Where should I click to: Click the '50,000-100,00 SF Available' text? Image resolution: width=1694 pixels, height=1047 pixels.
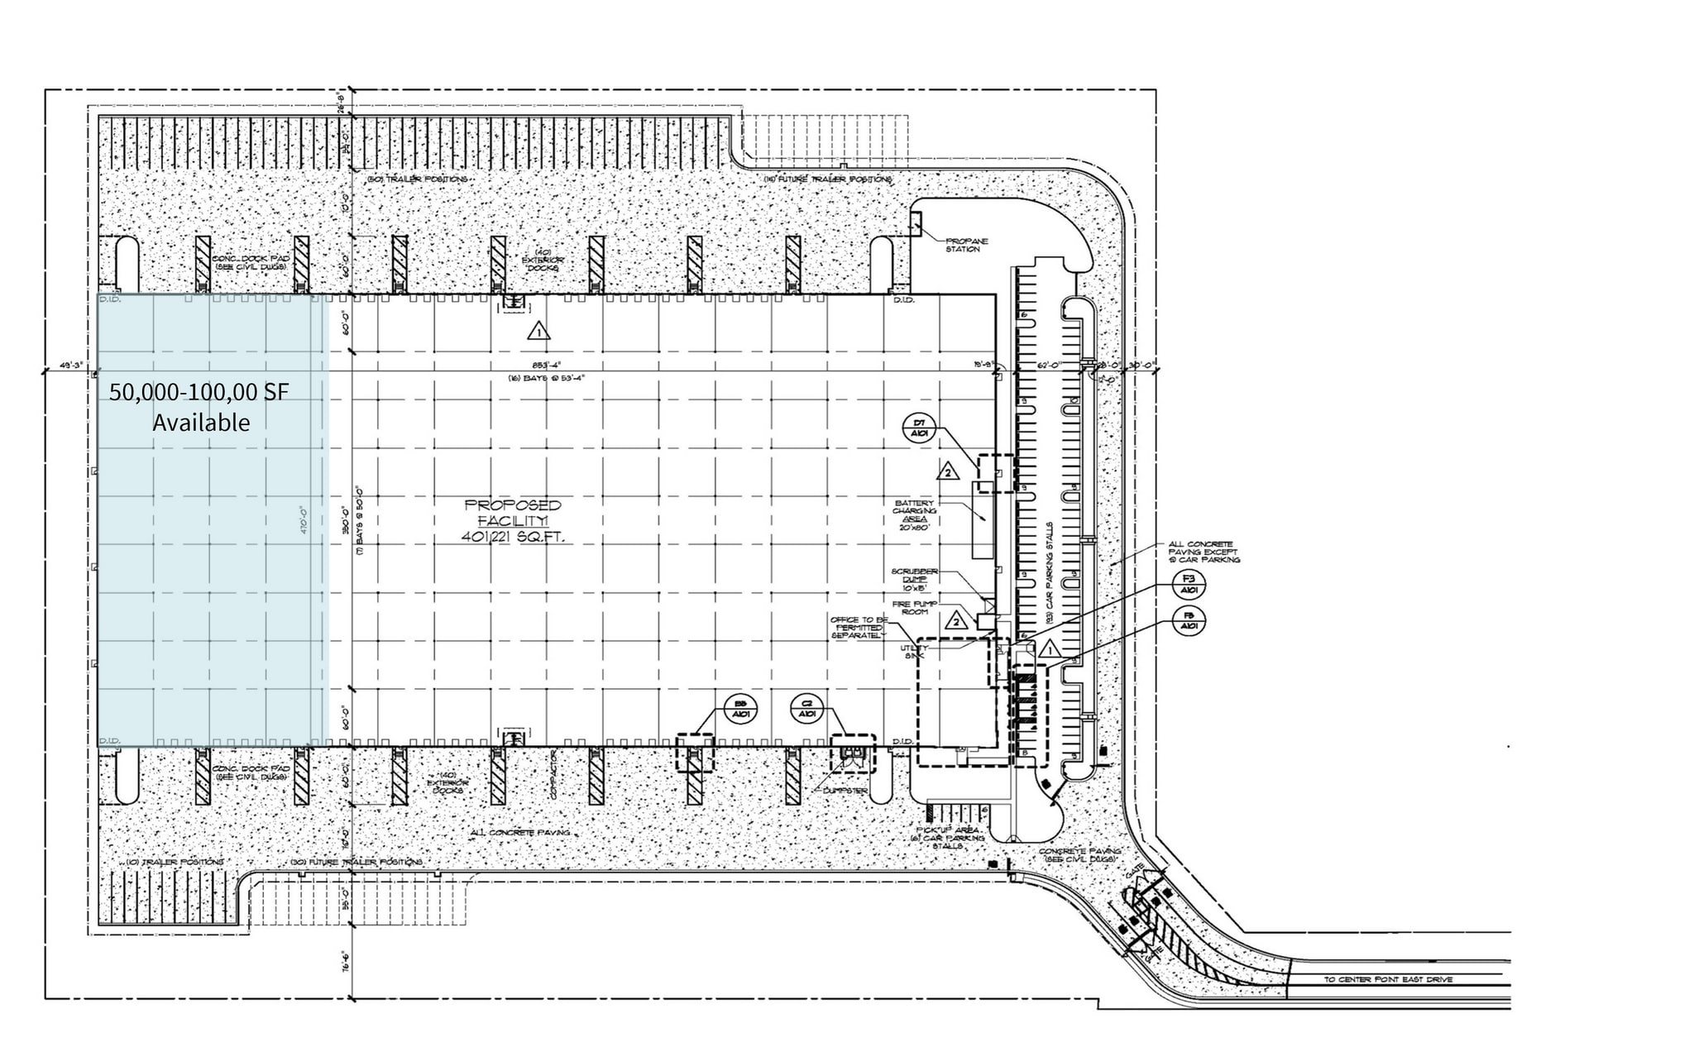199,406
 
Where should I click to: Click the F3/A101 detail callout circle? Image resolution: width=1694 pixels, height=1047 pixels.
1189,585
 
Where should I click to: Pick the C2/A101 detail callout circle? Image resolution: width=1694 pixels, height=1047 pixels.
807,708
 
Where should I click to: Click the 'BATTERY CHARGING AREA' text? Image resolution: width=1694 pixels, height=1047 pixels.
914,514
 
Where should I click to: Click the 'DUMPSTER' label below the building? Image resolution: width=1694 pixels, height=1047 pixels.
845,791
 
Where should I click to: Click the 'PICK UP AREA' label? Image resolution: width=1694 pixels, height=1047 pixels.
948,829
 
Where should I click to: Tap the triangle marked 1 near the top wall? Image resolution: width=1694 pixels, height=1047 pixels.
538,332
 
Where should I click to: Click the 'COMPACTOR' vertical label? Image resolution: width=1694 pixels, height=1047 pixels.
552,774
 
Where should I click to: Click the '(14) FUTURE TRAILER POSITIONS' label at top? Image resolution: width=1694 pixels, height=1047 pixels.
826,179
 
